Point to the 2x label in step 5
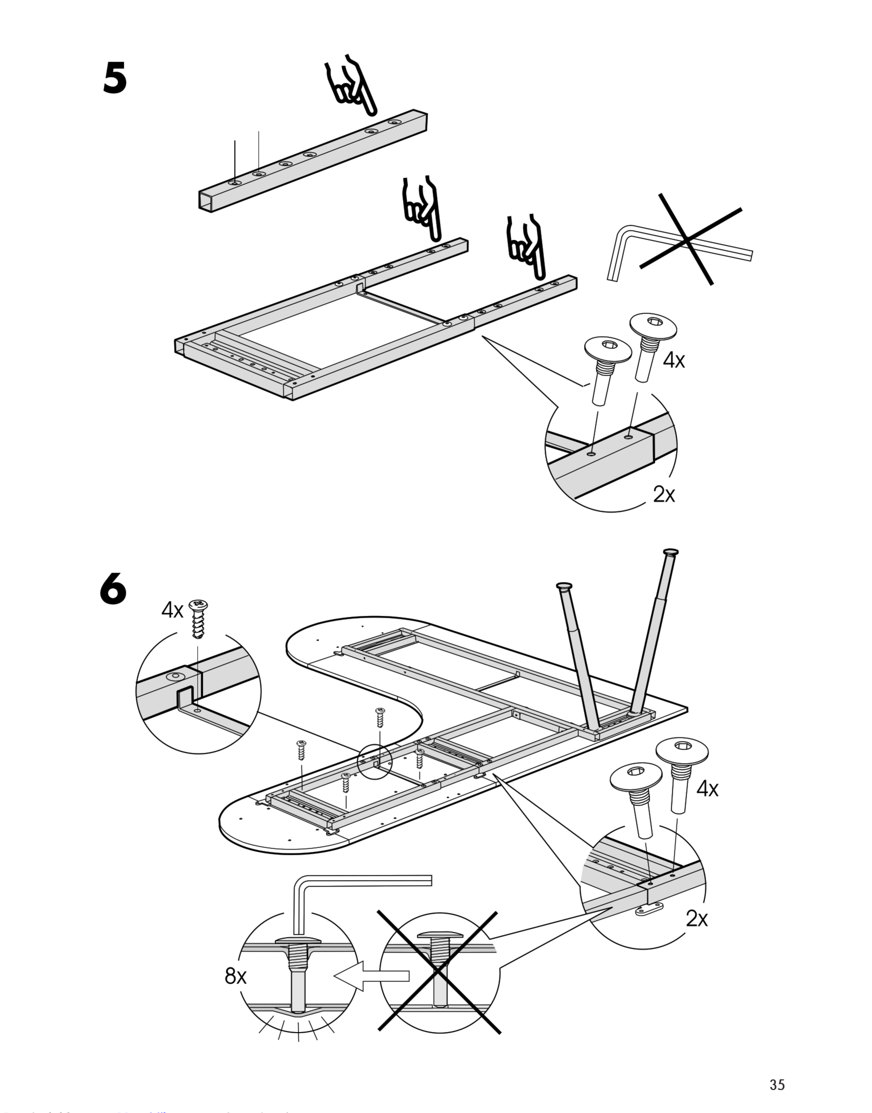[664, 494]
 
